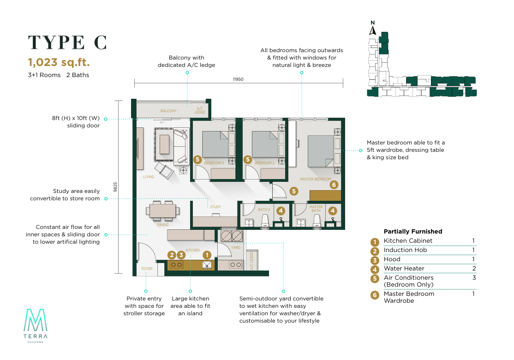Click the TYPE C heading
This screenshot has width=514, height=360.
click(x=67, y=42)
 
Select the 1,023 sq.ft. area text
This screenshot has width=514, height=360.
click(x=59, y=62)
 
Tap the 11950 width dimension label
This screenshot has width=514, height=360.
click(x=238, y=79)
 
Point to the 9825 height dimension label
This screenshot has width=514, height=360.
click(x=115, y=187)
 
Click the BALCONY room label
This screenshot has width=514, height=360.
click(x=168, y=111)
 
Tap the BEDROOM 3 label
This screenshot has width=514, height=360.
click(x=214, y=163)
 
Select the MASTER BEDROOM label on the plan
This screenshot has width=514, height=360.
click(x=315, y=180)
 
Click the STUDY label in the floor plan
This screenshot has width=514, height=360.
click(x=215, y=207)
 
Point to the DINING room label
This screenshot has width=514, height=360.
click(x=162, y=225)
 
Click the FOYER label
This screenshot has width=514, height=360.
click(x=147, y=269)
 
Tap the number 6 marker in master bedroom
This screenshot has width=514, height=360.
click(x=334, y=185)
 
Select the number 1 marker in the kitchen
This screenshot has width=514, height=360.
click(x=207, y=255)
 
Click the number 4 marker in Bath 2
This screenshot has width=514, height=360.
click(x=281, y=211)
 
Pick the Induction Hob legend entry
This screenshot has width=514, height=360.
click(x=405, y=250)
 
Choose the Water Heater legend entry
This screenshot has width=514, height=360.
click(x=404, y=269)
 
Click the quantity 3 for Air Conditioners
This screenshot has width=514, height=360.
click(x=474, y=278)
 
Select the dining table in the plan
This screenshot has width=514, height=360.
click(x=162, y=210)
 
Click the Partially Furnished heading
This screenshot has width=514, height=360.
click(x=413, y=232)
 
